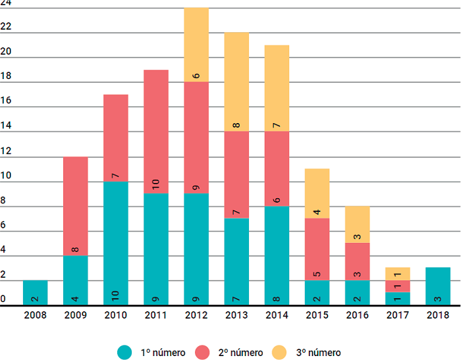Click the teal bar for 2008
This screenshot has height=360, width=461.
[36, 293]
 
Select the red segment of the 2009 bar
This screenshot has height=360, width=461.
[76, 206]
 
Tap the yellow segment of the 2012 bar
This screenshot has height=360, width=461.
[196, 45]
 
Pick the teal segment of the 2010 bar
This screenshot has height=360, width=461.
[116, 244]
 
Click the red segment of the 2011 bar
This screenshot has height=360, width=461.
[156, 132]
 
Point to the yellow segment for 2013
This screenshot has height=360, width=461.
[236, 82]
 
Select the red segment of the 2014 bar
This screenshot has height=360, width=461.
[277, 168]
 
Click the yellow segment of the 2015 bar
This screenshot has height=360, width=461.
[317, 193]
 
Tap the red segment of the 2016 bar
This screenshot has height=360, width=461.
[357, 261]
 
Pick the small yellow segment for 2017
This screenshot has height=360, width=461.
[398, 274]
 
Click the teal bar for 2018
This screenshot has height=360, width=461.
[438, 286]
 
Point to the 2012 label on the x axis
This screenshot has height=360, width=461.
[196, 315]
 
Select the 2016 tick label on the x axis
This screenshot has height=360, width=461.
[357, 315]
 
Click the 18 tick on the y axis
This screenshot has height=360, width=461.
[5, 76]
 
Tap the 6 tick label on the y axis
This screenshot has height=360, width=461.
[3, 225]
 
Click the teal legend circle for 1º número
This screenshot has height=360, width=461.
[124, 352]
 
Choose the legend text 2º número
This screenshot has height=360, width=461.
[240, 352]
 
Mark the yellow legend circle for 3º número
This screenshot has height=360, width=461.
[279, 352]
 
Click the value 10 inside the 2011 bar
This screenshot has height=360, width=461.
[156, 184]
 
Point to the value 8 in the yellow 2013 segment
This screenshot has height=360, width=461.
[236, 126]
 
